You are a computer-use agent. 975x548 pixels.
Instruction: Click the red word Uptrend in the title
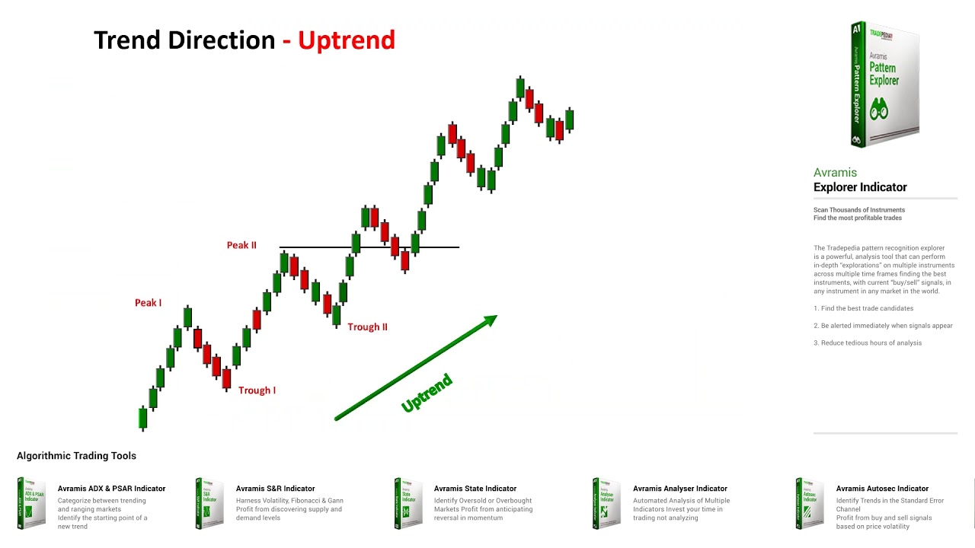346,40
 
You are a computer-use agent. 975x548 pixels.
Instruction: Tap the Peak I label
148,303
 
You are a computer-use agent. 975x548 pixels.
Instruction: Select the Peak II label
241,245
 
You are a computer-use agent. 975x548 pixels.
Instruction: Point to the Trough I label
257,390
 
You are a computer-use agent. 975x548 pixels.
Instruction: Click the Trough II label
367,327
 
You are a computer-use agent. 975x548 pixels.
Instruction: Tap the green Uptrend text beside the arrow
427,393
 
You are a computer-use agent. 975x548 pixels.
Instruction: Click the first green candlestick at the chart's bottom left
142,418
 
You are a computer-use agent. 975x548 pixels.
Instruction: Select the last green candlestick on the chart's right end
569,119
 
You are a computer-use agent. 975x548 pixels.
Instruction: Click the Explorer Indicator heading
860,187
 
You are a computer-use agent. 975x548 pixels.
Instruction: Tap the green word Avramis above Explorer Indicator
835,173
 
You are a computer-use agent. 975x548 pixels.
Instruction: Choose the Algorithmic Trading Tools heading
76,456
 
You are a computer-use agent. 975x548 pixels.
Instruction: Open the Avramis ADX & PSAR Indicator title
111,489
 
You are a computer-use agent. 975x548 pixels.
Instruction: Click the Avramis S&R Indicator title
275,489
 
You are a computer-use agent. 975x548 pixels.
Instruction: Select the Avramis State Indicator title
475,489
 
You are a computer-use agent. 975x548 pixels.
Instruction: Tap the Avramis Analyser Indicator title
679,489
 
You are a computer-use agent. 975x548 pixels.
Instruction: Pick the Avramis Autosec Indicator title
882,489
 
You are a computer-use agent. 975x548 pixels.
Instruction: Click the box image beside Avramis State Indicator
408,503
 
